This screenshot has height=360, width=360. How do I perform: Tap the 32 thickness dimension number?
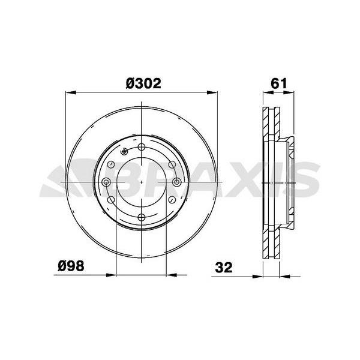click(x=224, y=266)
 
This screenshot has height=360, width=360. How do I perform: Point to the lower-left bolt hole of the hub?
click(x=112, y=200)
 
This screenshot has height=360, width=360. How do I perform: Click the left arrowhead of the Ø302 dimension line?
click(x=67, y=93)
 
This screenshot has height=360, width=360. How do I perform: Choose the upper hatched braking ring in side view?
click(x=269, y=124)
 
